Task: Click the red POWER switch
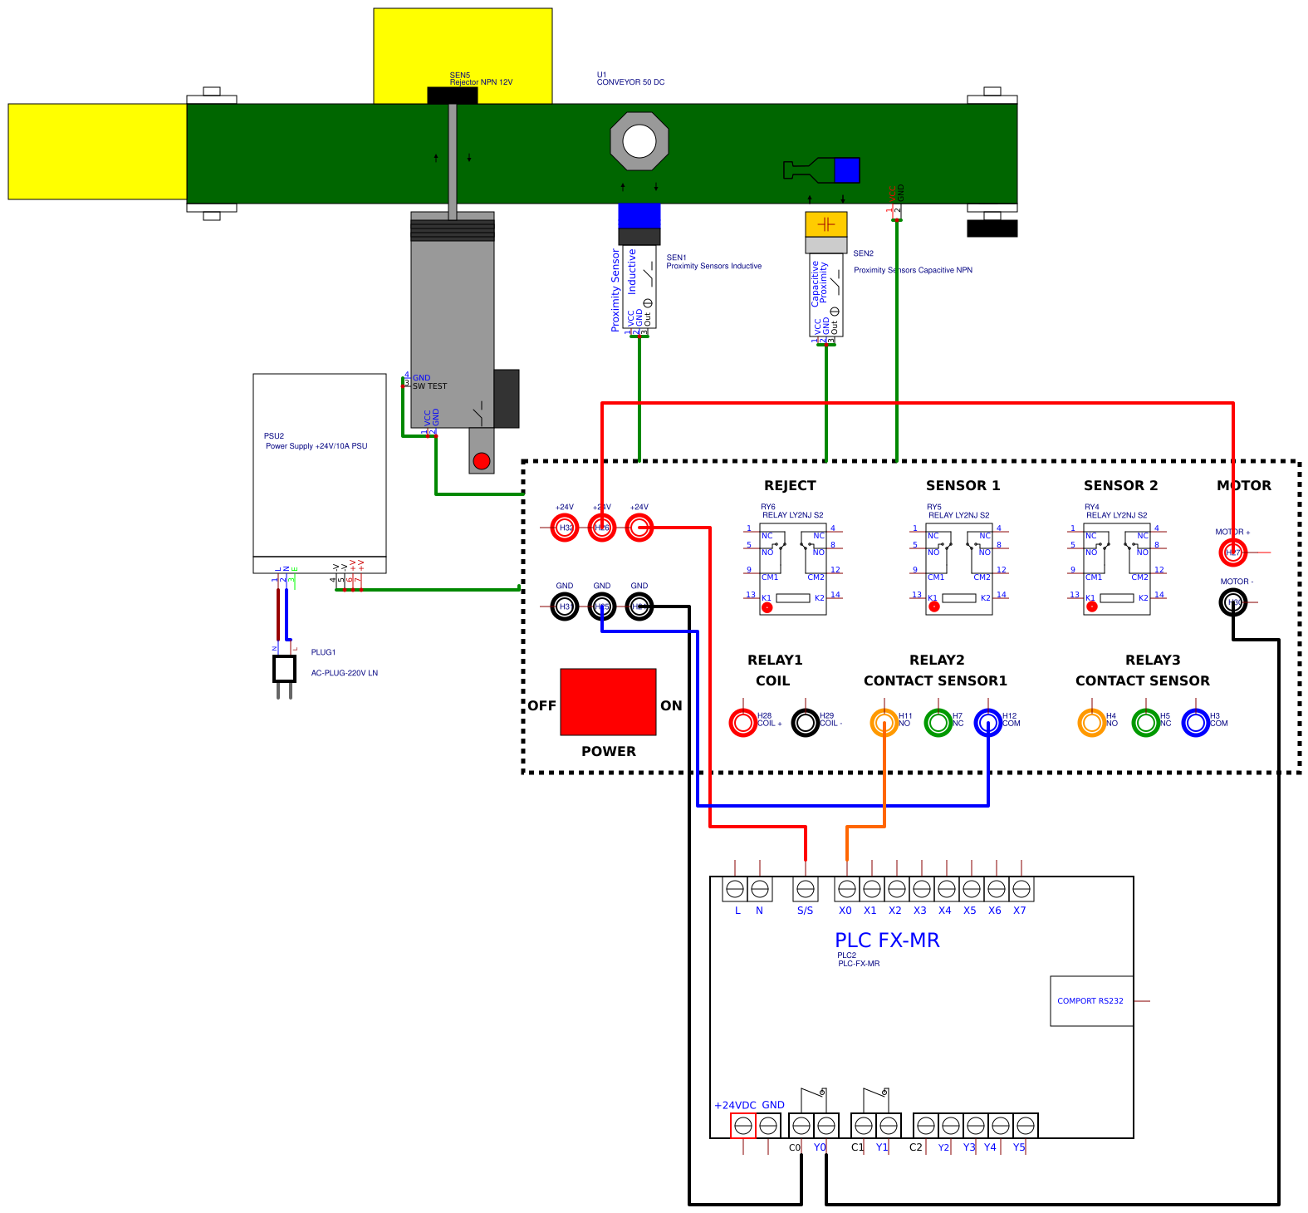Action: point(608,702)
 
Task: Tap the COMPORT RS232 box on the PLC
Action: point(1091,1001)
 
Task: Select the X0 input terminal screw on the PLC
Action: point(846,889)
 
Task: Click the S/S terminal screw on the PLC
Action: point(805,889)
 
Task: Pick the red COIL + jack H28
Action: point(742,723)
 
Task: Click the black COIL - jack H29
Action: point(805,723)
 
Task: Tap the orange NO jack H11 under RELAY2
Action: point(884,723)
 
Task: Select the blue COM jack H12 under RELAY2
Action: point(987,723)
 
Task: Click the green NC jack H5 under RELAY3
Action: point(1145,723)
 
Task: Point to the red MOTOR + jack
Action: point(1232,552)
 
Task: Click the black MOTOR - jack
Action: point(1232,602)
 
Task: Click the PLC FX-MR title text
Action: point(887,940)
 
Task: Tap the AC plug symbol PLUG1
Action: point(284,669)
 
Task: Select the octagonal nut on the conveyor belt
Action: point(639,141)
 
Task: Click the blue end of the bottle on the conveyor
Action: point(846,170)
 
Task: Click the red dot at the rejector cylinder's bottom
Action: point(482,461)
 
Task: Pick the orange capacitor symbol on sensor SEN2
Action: point(825,224)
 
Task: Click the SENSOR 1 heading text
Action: point(963,486)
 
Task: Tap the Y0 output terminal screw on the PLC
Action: point(825,1126)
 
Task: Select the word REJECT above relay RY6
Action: point(790,486)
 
